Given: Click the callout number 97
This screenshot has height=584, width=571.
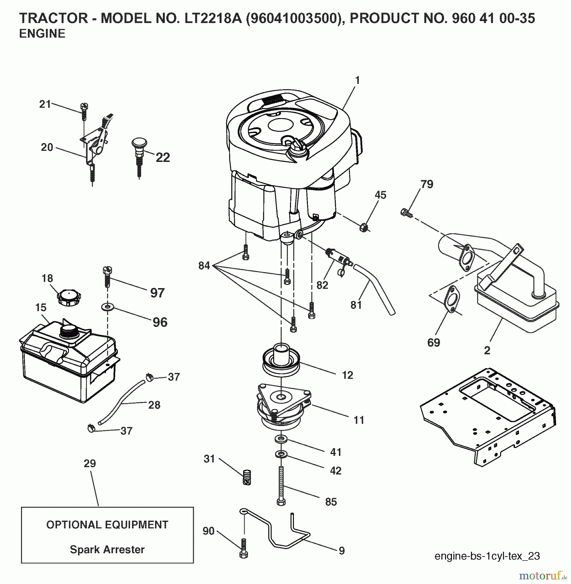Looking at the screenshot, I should tap(157, 293).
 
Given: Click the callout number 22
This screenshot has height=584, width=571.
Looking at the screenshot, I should tap(163, 158).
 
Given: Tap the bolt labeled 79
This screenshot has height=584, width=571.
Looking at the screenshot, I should tap(406, 213).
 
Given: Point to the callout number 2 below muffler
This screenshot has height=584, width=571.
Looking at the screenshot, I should tap(487, 350).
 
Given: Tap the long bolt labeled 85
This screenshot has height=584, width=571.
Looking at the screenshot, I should tap(281, 485).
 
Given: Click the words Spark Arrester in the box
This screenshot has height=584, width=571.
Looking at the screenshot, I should tap(107, 550).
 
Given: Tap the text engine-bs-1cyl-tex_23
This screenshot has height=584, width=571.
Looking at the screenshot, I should tap(487, 556).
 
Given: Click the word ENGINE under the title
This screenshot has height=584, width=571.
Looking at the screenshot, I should tap(42, 34).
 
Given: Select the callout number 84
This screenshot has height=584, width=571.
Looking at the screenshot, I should tap(204, 266).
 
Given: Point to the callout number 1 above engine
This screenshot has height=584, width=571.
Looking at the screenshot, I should tap(357, 80).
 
